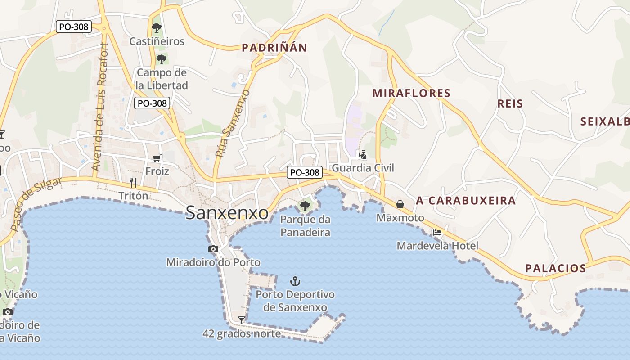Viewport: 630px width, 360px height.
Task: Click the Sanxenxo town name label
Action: coord(227,213)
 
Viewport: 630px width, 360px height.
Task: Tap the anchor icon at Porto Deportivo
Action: coord(295,282)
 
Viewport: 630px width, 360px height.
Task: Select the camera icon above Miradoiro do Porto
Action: coord(213,249)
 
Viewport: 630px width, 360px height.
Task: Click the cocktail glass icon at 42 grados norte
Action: coord(242,320)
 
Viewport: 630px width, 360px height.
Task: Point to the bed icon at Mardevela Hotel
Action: coord(437,233)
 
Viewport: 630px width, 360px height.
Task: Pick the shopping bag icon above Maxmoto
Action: coord(400,204)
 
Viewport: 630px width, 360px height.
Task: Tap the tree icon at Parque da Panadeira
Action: coord(305,206)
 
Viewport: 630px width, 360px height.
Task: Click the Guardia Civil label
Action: coord(363,168)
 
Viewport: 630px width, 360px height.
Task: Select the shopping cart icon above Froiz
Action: coord(157,158)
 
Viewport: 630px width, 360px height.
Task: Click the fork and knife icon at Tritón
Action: coord(133,182)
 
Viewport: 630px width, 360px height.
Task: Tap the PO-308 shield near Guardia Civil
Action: coord(305,172)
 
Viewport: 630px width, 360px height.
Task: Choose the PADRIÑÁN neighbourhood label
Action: coord(274,48)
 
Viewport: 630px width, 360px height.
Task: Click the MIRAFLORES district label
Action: coord(411,93)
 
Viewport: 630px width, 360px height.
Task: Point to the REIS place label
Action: coord(510,104)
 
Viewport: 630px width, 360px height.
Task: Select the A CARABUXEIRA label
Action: coord(466,201)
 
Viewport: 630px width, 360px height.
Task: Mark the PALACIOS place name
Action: coord(556,269)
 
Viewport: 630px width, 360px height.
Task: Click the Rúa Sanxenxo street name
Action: coord(233,123)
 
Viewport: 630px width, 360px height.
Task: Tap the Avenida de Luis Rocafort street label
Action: coord(100,107)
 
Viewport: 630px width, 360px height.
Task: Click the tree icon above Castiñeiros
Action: coord(156,28)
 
